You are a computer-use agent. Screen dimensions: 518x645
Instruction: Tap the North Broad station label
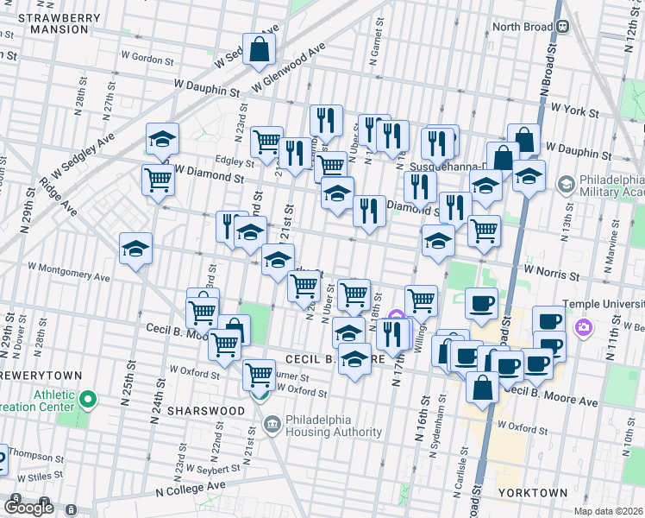tap(522, 27)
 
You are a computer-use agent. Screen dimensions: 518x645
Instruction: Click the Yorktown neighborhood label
tap(532, 493)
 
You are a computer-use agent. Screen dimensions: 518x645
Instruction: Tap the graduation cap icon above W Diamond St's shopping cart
tap(161, 140)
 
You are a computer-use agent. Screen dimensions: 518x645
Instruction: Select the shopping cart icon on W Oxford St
tap(259, 375)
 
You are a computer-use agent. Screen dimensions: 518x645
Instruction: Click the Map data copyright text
tap(609, 511)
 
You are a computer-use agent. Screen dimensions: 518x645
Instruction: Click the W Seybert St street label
tap(215, 468)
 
